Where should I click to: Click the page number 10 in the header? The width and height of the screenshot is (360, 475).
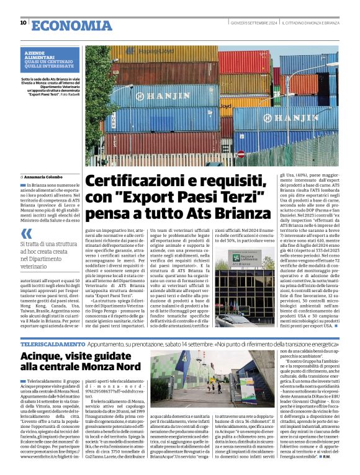point(23,22)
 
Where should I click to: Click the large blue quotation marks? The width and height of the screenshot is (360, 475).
point(25,234)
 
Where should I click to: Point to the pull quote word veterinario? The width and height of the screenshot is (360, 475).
point(37,266)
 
